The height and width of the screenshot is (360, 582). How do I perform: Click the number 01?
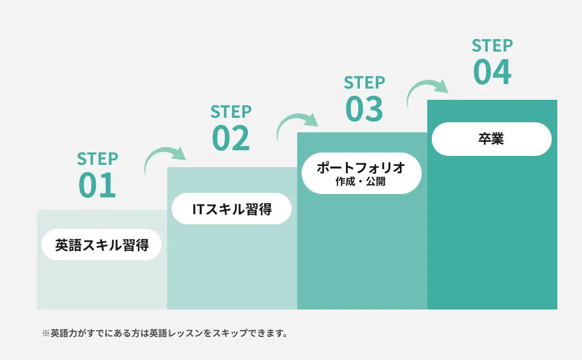(x=98, y=186)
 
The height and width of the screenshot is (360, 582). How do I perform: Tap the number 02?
(x=230, y=138)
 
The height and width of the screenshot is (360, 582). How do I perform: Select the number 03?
(x=364, y=109)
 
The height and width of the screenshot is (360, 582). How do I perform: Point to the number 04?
(x=492, y=72)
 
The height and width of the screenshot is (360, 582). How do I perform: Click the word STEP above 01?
(x=98, y=159)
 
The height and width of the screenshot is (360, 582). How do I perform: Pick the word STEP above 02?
(x=230, y=112)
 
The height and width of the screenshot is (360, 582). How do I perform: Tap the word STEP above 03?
(x=364, y=83)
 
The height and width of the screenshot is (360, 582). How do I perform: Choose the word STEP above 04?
(x=492, y=45)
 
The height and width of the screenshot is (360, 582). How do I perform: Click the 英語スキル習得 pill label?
(x=101, y=245)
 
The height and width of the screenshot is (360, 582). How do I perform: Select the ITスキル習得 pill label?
(x=232, y=209)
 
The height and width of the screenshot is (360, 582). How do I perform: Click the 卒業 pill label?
(x=491, y=139)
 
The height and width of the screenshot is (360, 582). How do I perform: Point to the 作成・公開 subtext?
(x=361, y=182)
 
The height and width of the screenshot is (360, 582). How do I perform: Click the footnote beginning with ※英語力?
(x=165, y=334)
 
